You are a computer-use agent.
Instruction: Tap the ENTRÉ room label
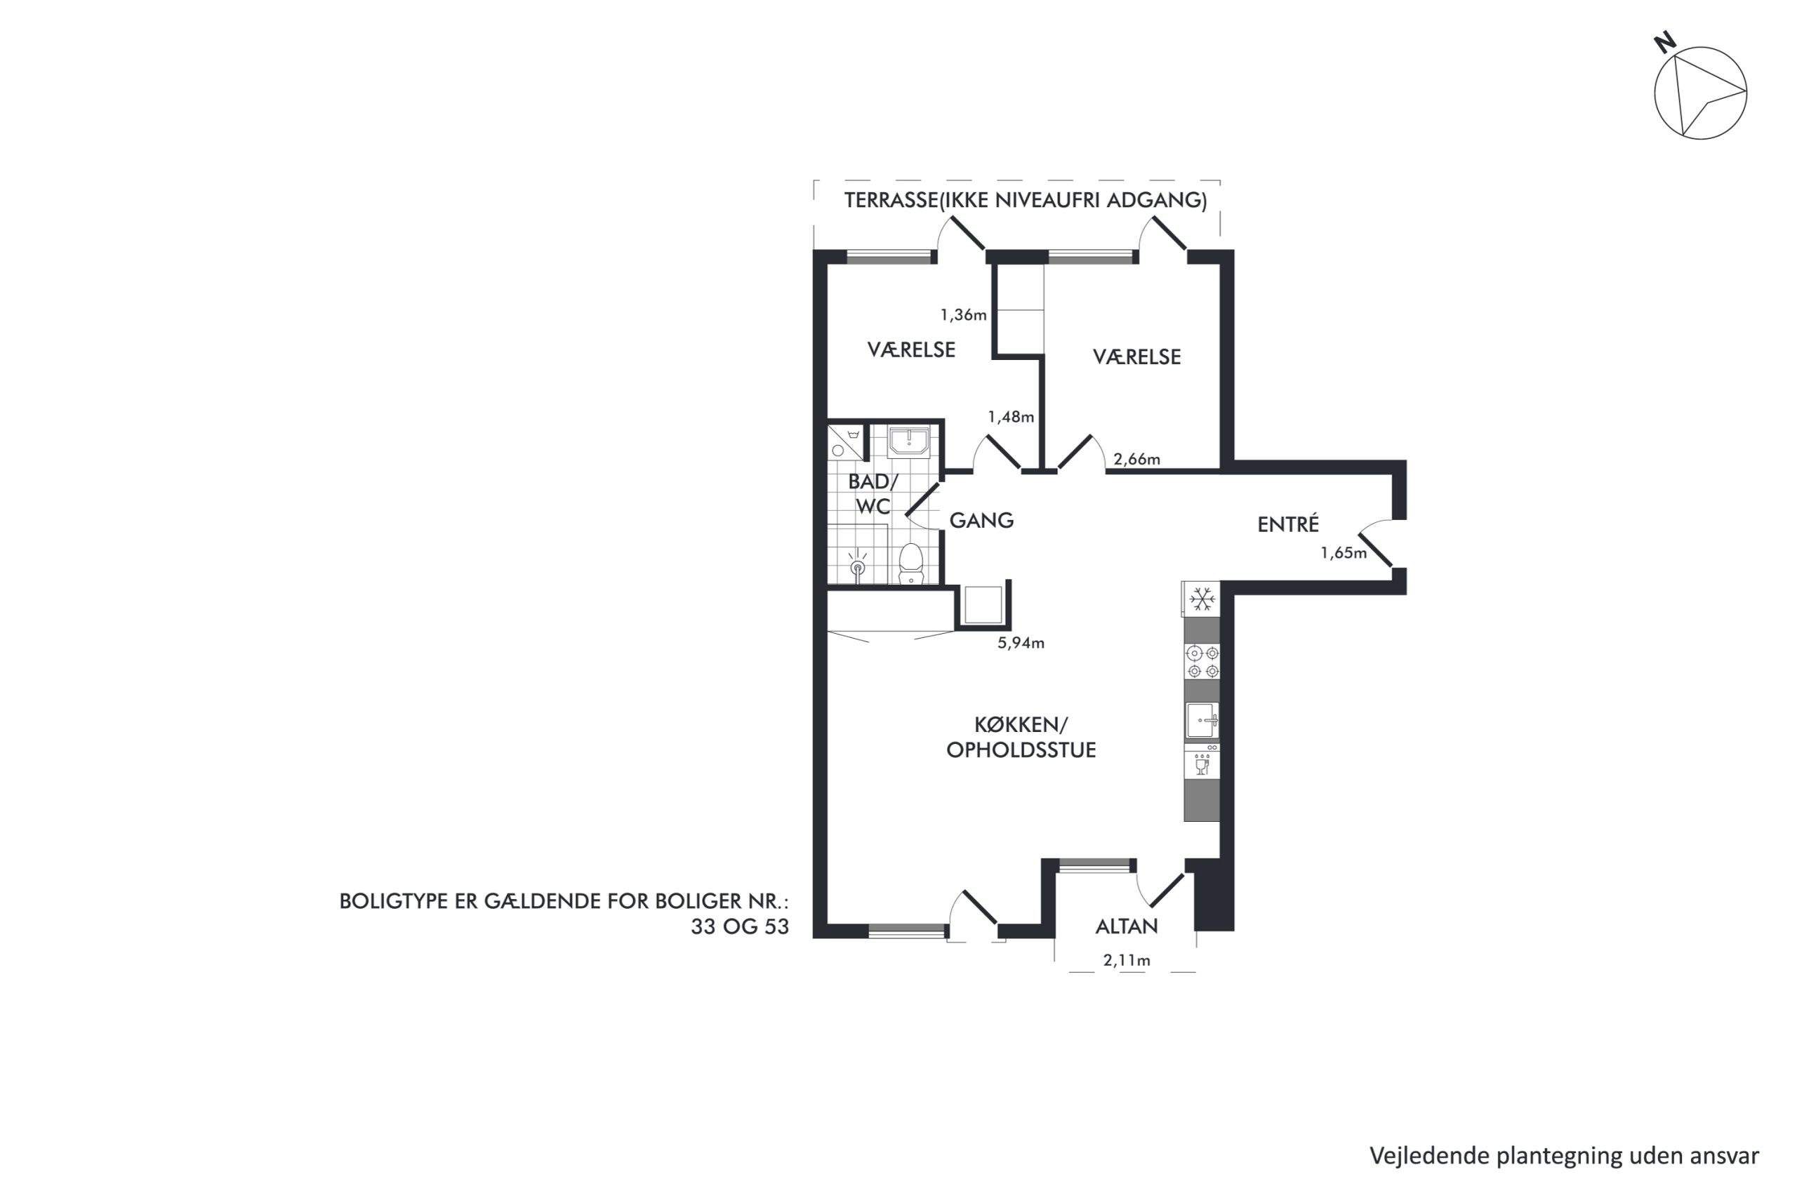1288,524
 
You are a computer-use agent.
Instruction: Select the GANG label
981,520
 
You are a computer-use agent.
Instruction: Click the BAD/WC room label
873,493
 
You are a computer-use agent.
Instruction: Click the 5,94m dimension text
1021,643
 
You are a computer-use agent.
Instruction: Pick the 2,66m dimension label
1137,459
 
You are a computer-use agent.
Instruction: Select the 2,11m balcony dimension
1127,960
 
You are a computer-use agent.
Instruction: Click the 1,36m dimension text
964,315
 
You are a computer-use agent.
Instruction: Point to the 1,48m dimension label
1011,417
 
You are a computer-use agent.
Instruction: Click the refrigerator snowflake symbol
1202,599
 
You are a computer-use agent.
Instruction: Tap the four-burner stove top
1202,662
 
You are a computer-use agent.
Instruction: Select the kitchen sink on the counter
1202,721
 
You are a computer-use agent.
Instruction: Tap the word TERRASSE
890,200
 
